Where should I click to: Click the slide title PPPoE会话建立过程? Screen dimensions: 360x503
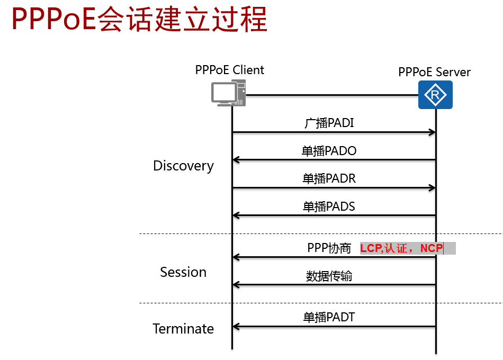pyautogui.click(x=139, y=21)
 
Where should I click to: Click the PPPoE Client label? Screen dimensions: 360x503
pyautogui.click(x=229, y=70)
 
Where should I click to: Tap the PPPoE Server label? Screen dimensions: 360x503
pyautogui.click(x=434, y=72)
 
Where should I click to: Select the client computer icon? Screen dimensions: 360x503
pyautogui.click(x=228, y=94)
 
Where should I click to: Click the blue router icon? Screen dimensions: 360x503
pyautogui.click(x=435, y=95)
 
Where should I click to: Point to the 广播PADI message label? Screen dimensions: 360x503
pyautogui.click(x=329, y=123)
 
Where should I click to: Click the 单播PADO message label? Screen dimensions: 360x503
pyautogui.click(x=329, y=151)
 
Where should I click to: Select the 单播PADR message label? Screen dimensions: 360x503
pyautogui.click(x=329, y=179)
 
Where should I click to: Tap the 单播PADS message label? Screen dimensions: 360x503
pyautogui.click(x=329, y=206)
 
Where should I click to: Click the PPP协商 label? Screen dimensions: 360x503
pyautogui.click(x=329, y=248)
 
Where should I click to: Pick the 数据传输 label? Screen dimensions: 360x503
pyautogui.click(x=329, y=276)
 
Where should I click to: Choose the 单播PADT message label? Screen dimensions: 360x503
pyautogui.click(x=329, y=317)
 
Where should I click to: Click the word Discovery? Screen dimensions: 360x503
pyautogui.click(x=183, y=166)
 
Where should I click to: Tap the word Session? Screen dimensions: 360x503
pyautogui.click(x=183, y=272)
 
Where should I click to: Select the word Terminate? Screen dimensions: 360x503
pyautogui.click(x=183, y=329)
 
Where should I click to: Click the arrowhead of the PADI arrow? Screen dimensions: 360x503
pyautogui.click(x=432, y=132)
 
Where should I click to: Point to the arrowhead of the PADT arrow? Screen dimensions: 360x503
pyautogui.click(x=236, y=326)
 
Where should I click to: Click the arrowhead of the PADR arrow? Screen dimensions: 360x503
pyautogui.click(x=432, y=187)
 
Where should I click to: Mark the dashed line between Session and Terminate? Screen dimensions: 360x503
pyautogui.click(x=318, y=303)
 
